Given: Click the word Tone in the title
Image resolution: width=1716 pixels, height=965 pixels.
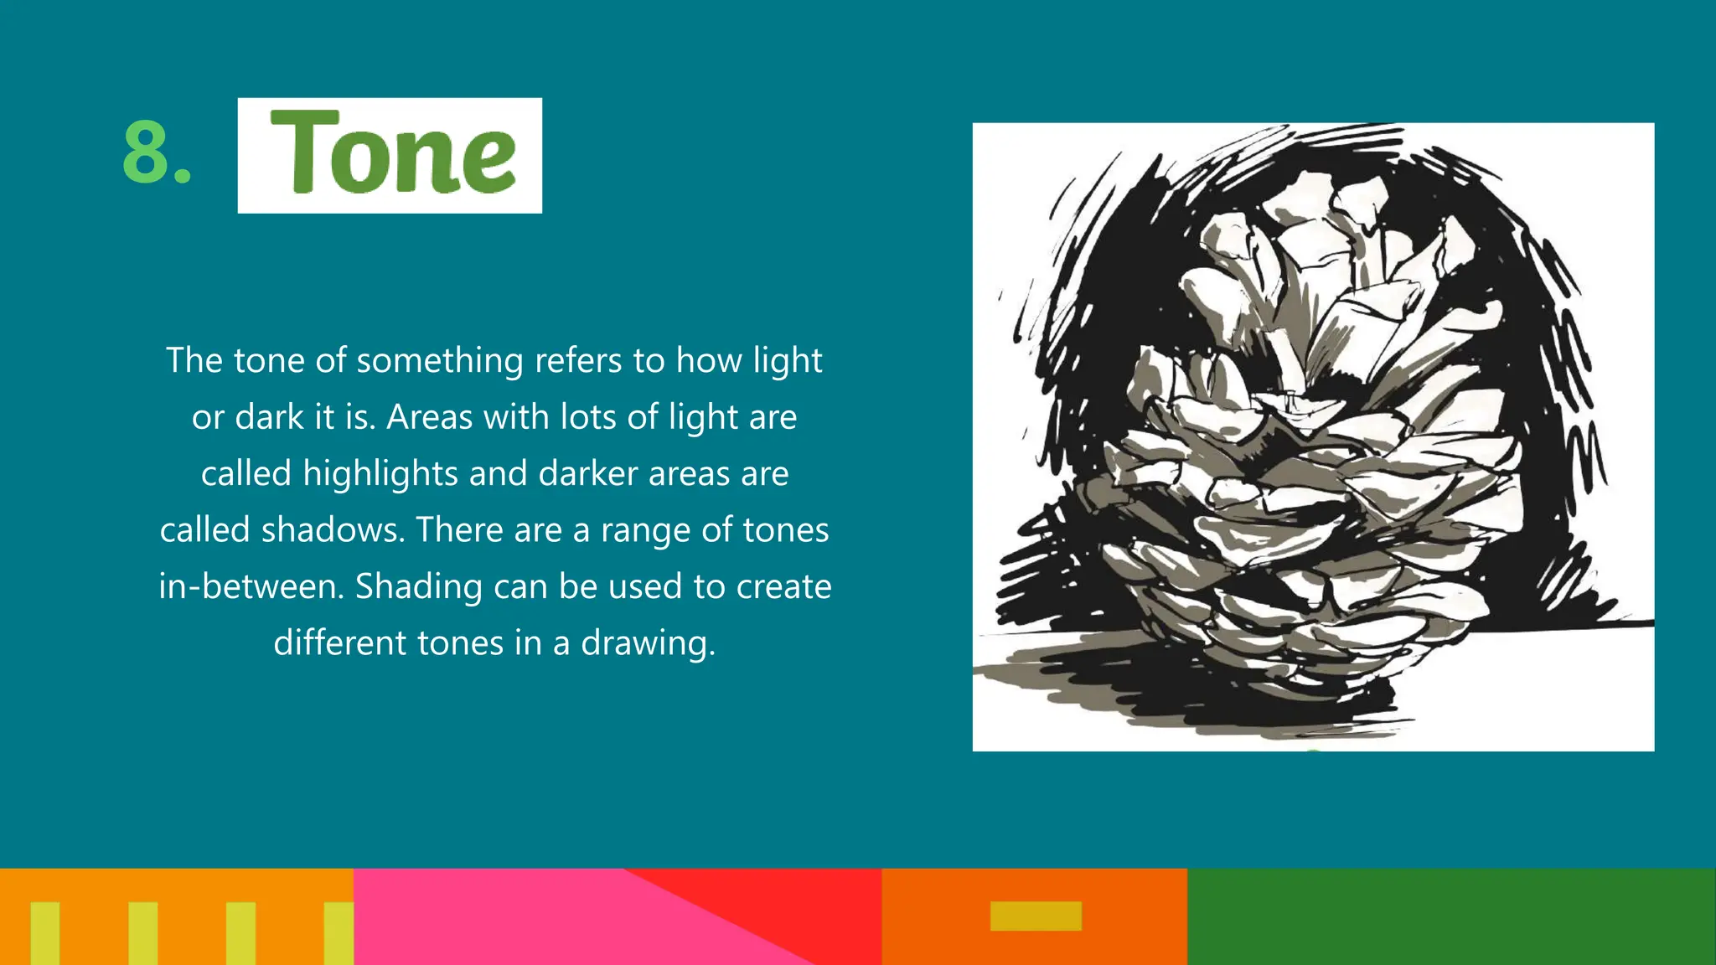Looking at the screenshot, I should pyautogui.click(x=391, y=153).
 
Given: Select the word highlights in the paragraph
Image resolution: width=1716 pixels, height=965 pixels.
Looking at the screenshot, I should pyautogui.click(x=380, y=474).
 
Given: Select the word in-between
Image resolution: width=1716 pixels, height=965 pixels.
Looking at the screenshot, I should pyautogui.click(x=251, y=586).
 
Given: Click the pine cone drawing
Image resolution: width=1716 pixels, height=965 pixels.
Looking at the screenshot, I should pyautogui.click(x=1313, y=436).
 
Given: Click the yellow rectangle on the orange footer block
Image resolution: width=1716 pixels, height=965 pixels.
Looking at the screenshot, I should pyautogui.click(x=1036, y=916).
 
